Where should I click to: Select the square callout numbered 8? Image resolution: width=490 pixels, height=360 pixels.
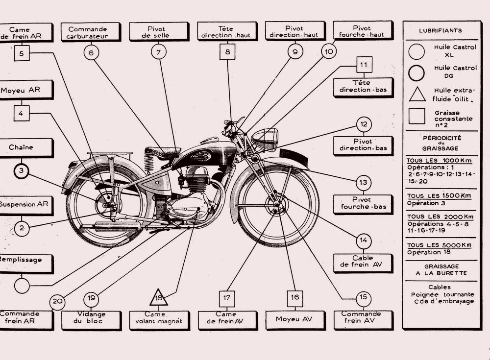point(227,51)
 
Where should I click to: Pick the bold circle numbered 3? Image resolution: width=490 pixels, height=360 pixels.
point(21,171)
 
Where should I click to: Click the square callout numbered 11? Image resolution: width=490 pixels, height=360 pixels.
point(363,65)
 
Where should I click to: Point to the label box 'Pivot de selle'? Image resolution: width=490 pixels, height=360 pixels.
point(159,31)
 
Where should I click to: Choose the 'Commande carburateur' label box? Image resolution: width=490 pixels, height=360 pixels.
point(91,32)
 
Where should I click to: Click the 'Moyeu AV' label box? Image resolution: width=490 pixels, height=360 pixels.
point(294,320)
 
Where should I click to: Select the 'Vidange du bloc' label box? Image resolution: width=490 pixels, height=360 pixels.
point(91,320)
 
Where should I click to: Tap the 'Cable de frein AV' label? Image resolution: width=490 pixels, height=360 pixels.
point(363,262)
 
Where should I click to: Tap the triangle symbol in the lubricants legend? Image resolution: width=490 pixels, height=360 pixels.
point(417,94)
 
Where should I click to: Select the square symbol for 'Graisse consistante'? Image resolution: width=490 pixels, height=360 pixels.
point(417,116)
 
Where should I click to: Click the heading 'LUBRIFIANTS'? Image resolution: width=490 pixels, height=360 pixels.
point(440,30)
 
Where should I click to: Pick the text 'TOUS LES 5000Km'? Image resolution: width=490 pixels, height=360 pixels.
point(439,245)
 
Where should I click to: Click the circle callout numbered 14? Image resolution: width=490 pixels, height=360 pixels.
point(363,240)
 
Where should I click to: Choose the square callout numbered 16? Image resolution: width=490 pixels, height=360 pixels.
point(294,297)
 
